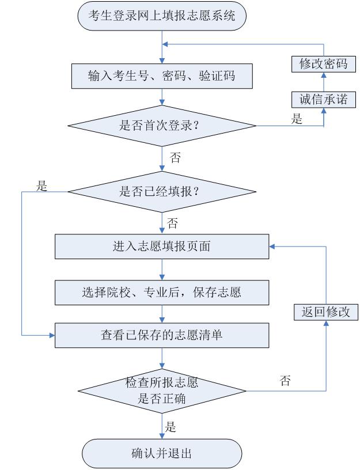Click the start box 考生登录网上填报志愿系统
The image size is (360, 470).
pyautogui.click(x=162, y=16)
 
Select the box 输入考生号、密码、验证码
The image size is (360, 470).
pyautogui.click(x=162, y=75)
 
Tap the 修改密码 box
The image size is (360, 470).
pyautogui.click(x=323, y=63)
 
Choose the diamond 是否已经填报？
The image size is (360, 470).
pyautogui.click(x=162, y=192)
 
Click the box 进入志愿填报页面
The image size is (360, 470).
pyautogui.click(x=162, y=247)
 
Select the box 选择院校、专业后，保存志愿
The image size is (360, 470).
pyautogui.click(x=162, y=292)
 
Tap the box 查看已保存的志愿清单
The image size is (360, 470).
pyautogui.click(x=162, y=335)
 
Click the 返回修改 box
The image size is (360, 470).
pyautogui.click(x=326, y=312)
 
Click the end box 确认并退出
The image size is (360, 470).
pyautogui.click(x=162, y=453)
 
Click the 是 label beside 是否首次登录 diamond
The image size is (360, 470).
pyautogui.click(x=297, y=120)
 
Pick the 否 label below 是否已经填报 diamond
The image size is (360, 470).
pyautogui.click(x=172, y=221)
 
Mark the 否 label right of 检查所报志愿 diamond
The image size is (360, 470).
pyautogui.click(x=285, y=381)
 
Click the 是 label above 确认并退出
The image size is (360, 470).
pyautogui.click(x=171, y=427)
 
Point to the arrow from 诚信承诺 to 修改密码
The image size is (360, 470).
pyautogui.click(x=323, y=81)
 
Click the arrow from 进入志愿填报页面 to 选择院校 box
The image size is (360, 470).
pyautogui.click(x=162, y=269)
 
